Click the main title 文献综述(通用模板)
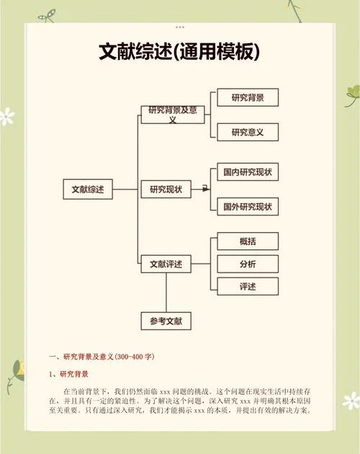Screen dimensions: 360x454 point(179,52)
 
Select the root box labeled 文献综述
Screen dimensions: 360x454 point(88,190)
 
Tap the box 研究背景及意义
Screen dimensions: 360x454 point(173,115)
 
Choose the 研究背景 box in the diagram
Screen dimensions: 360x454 point(248,97)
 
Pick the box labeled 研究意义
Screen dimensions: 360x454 point(248,132)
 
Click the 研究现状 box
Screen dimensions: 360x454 point(166,190)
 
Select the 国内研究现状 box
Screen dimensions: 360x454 point(248,172)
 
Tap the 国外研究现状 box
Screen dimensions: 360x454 point(248,206)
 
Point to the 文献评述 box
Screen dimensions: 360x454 point(166,264)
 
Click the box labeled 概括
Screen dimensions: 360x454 point(248,241)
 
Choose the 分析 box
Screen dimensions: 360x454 point(248,264)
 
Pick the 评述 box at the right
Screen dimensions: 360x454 point(248,286)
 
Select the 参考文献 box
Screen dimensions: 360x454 point(166,321)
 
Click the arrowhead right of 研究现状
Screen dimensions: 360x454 point(206,190)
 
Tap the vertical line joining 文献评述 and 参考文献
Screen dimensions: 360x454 point(166,293)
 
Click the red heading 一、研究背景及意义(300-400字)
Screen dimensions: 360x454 point(102,357)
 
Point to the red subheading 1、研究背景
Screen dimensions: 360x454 point(68,374)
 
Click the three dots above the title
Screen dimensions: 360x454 point(180,27)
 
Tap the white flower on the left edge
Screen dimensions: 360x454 point(6,117)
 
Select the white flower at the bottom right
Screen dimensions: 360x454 point(351,401)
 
